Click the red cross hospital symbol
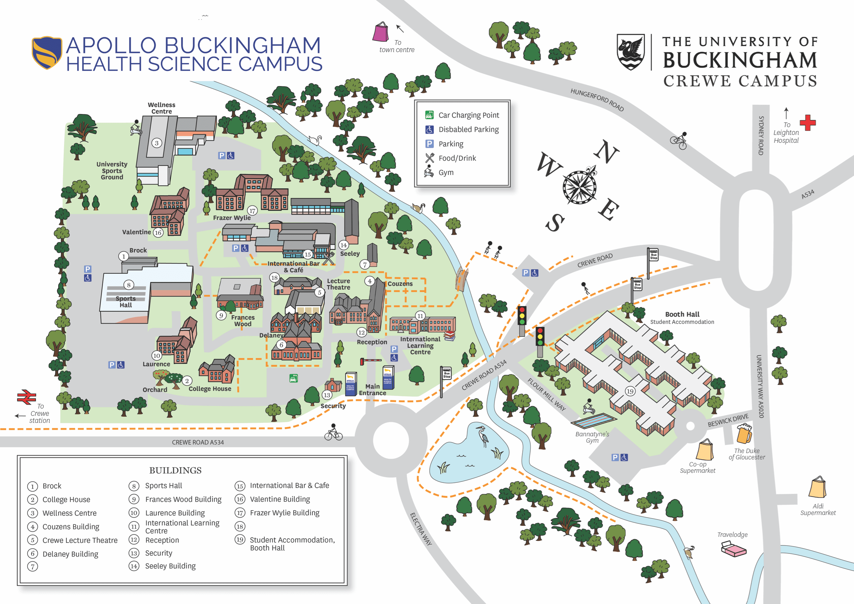(x=808, y=123)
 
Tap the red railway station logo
(x=27, y=397)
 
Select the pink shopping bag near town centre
(x=381, y=32)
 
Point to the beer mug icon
(x=744, y=434)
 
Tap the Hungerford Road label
(x=597, y=100)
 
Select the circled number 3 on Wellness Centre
(x=157, y=143)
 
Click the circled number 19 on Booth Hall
(x=630, y=391)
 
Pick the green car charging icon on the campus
(x=293, y=378)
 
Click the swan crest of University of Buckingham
(x=631, y=52)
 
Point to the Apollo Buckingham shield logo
(x=46, y=52)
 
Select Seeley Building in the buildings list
(x=170, y=566)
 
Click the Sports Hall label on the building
(x=125, y=302)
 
